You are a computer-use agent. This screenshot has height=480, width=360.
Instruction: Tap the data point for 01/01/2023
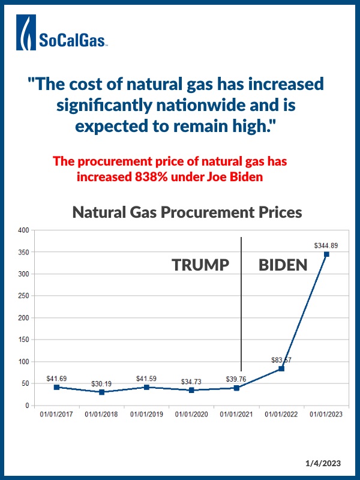tap(326, 254)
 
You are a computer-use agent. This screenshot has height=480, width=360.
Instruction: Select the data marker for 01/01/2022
tap(281, 368)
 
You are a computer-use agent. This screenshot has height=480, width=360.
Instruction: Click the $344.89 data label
tap(326, 245)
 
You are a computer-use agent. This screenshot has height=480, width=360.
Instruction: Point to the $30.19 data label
tap(101, 383)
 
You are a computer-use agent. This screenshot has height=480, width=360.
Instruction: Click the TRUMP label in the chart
tap(200, 265)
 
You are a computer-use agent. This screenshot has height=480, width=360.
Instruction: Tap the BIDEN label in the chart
tap(283, 265)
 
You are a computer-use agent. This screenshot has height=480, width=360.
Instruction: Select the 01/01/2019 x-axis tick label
tap(146, 414)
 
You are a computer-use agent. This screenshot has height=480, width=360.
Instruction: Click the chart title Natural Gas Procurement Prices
tap(187, 212)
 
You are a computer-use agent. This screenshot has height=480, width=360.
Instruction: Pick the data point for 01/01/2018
tap(101, 392)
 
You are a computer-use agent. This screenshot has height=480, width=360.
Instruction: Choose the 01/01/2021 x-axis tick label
tap(236, 414)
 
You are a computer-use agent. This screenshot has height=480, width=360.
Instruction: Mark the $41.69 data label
tap(56, 379)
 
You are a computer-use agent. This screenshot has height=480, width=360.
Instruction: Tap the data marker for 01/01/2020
tap(191, 390)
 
